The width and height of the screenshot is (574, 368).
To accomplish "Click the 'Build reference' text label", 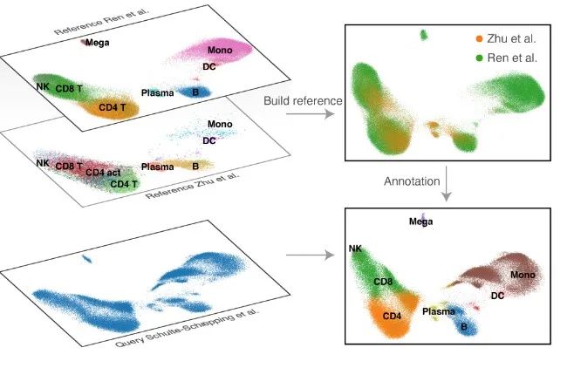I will pyautogui.click(x=303, y=101).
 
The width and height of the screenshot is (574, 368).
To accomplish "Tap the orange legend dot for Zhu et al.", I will pyautogui.click(x=479, y=39).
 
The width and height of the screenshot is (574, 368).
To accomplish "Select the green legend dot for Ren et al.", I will pyautogui.click(x=479, y=57).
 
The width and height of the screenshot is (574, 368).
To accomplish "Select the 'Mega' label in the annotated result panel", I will pyautogui.click(x=420, y=221).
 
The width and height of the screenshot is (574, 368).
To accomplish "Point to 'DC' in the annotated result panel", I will pyautogui.click(x=497, y=296).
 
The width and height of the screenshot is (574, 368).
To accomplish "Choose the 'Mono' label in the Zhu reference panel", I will pyautogui.click(x=220, y=125).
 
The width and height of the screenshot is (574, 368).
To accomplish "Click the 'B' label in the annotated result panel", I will pyautogui.click(x=463, y=326).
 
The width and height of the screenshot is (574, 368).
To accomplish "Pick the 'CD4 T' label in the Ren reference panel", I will pyautogui.click(x=113, y=108).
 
